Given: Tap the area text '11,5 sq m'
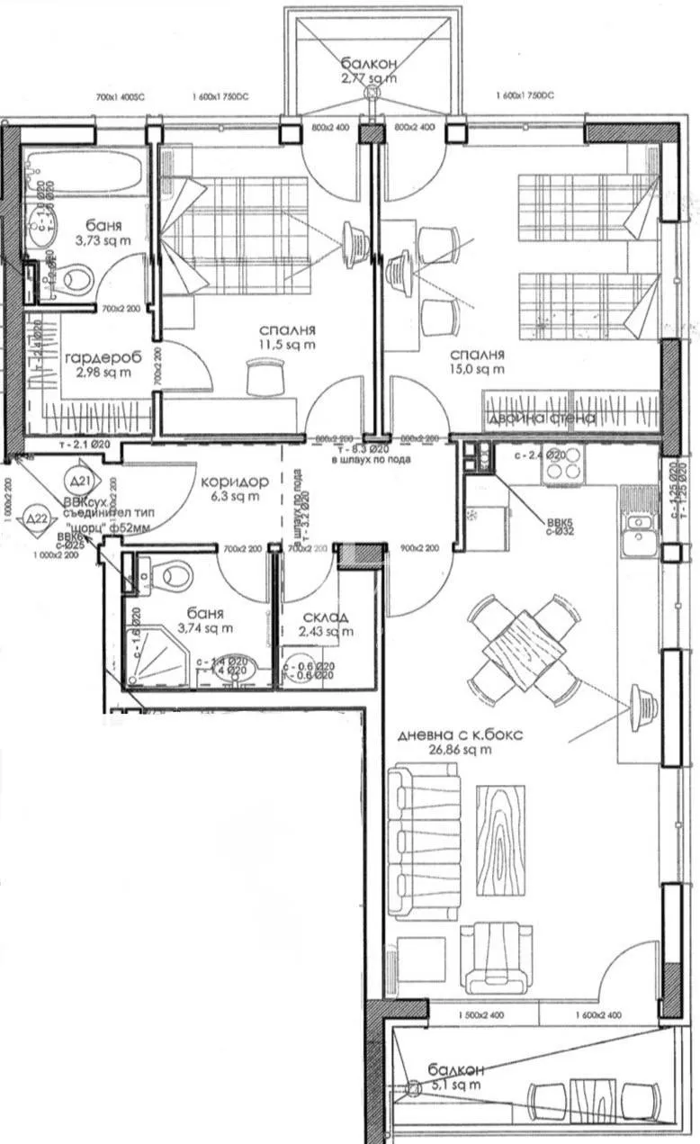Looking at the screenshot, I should [282, 345].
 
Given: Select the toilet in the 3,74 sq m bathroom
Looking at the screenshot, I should [171, 573].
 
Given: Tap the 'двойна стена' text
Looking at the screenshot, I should [541, 419].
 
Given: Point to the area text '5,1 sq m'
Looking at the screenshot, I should [456, 1085].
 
